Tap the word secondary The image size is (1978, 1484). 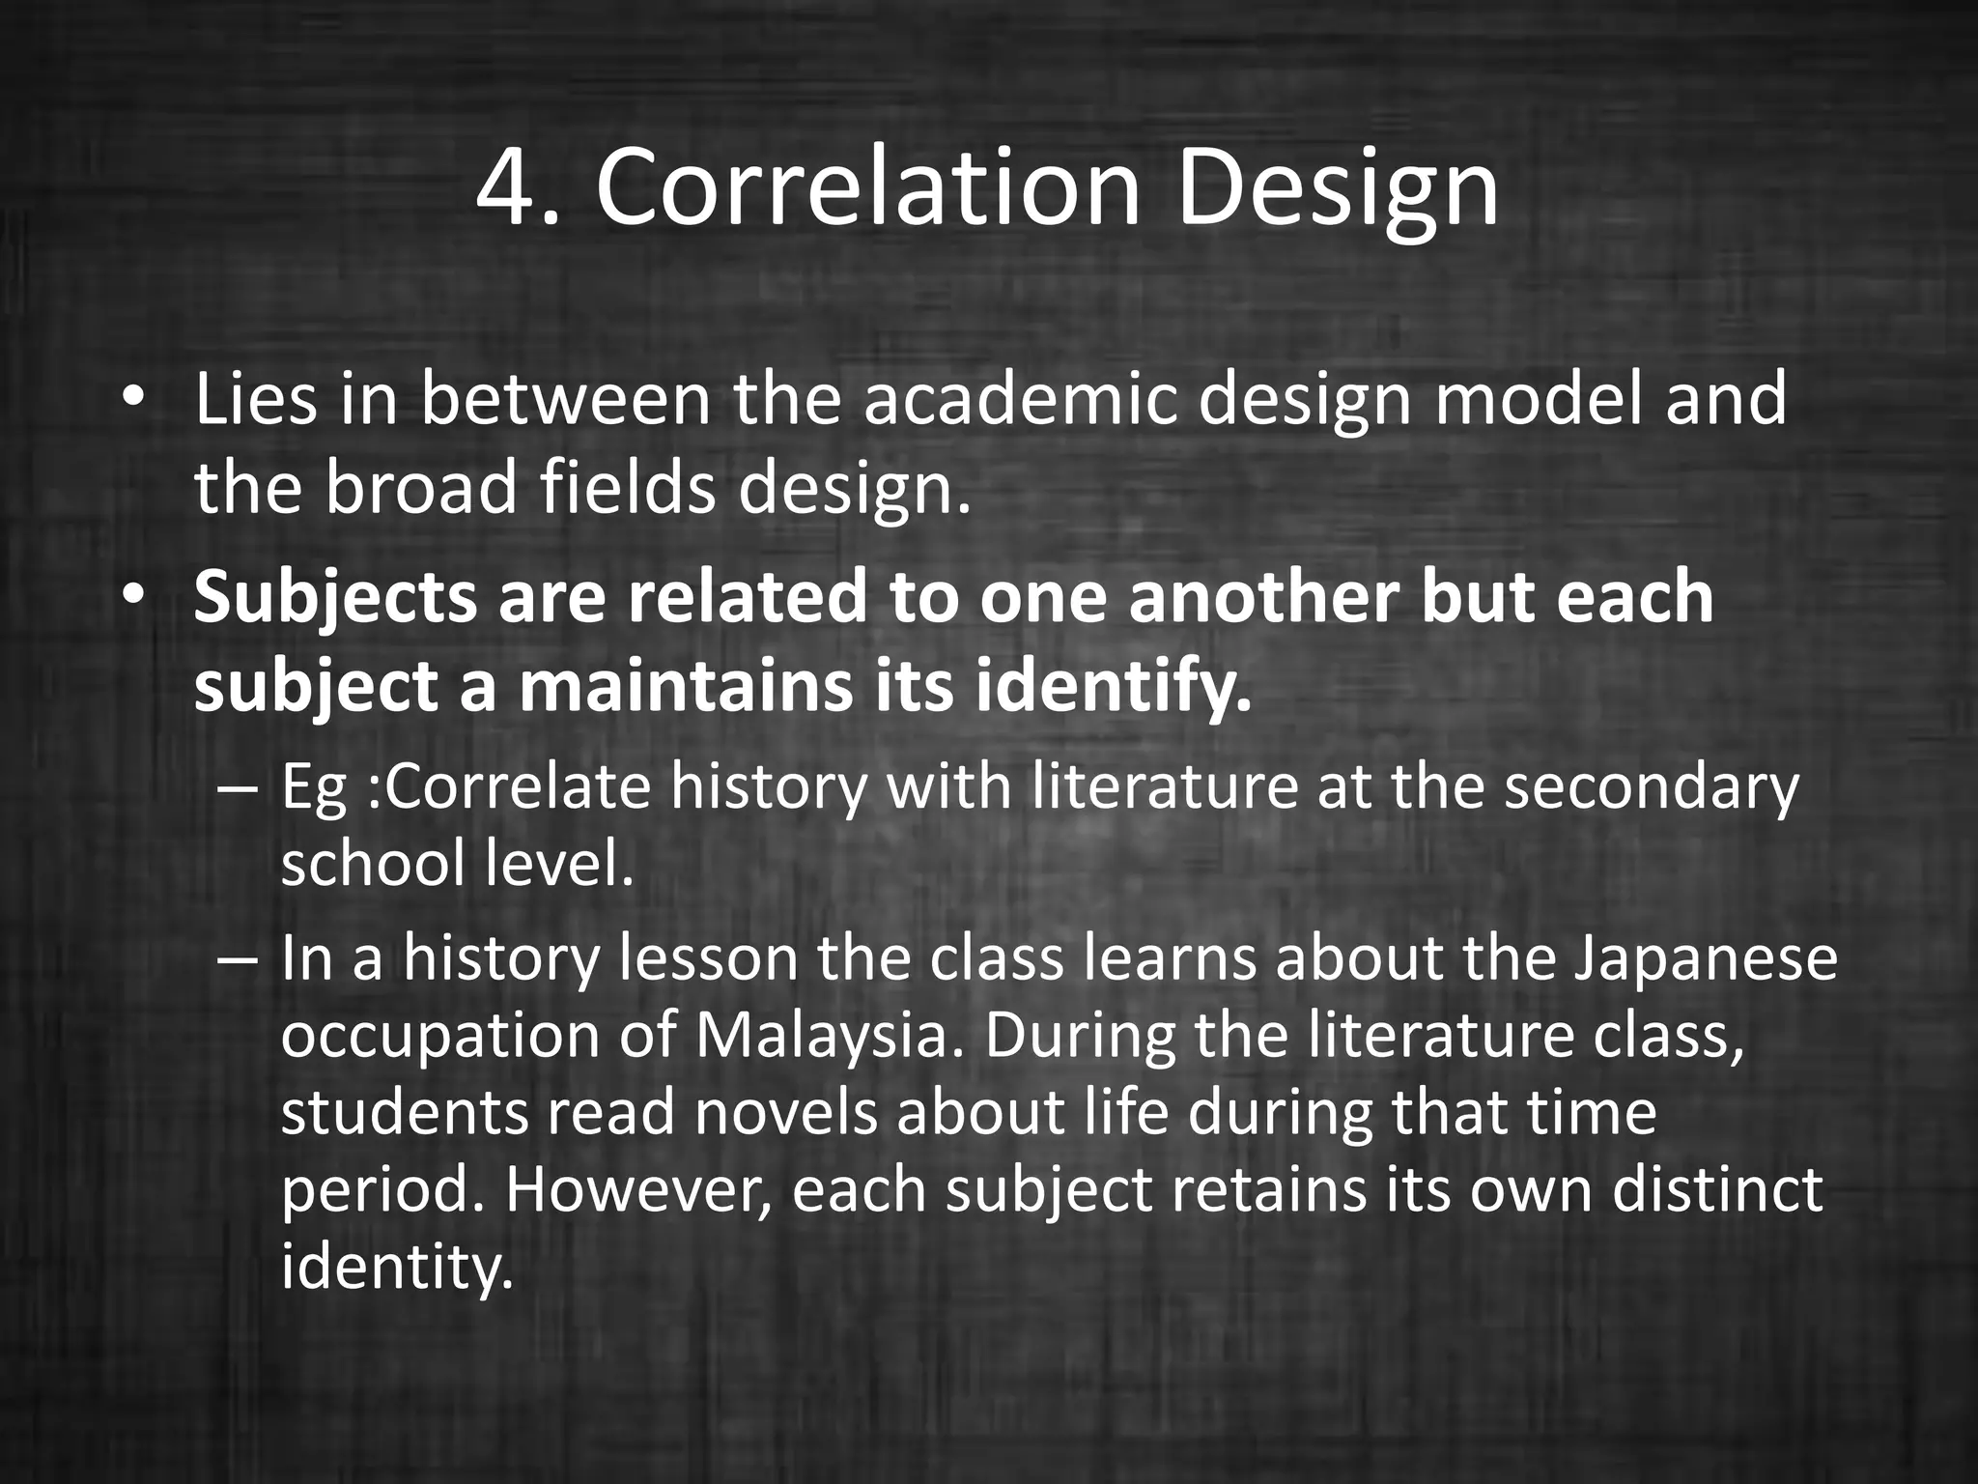point(1652,788)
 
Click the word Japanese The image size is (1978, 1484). point(1706,960)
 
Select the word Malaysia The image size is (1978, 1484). point(830,1038)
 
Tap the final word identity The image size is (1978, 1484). point(394,1268)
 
